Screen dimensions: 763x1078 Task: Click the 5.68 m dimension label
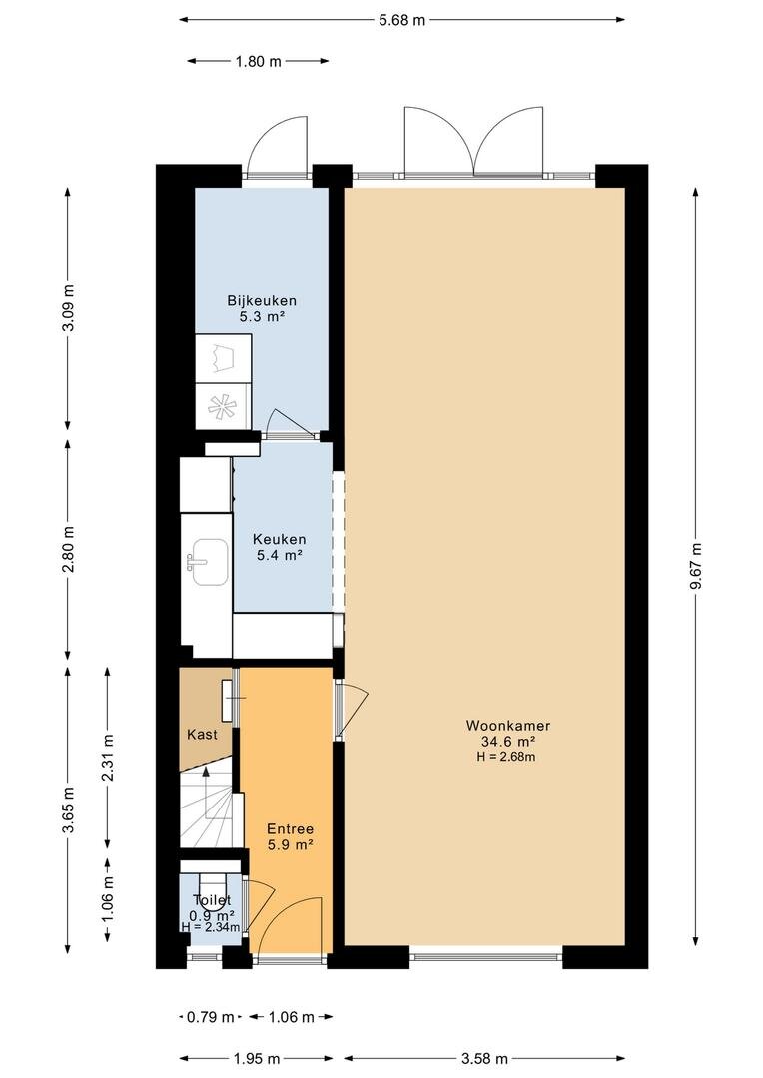click(401, 20)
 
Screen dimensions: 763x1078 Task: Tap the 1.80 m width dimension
click(258, 61)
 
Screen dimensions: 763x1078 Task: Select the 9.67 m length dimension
click(697, 566)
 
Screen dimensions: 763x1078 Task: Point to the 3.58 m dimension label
click(484, 1059)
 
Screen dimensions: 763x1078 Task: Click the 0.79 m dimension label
click(210, 1017)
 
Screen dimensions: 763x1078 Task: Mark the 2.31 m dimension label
click(108, 758)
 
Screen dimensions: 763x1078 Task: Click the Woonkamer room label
click(507, 726)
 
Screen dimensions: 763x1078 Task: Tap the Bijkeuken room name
click(262, 301)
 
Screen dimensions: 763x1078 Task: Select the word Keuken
click(279, 540)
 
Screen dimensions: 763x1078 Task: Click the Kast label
click(202, 735)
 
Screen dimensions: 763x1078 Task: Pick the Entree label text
click(290, 829)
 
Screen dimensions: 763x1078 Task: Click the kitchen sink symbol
click(209, 562)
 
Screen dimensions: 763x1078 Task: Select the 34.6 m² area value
click(507, 741)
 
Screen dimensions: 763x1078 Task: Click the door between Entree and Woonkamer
click(352, 711)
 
